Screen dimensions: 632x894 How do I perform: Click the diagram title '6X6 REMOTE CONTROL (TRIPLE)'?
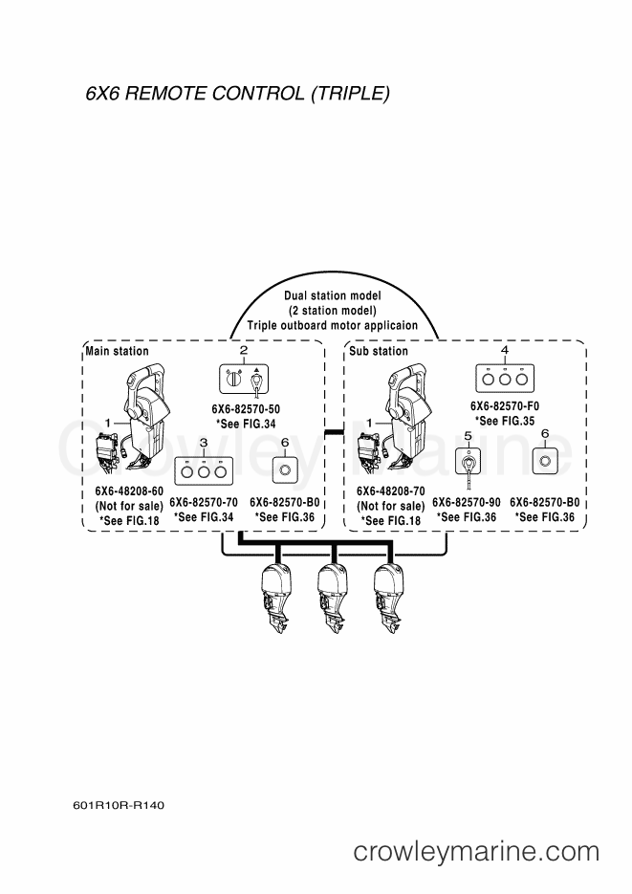click(238, 94)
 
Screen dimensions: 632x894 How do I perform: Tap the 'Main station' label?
click(117, 351)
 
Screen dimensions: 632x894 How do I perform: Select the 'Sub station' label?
click(379, 351)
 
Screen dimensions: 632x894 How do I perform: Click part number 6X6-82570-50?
click(246, 409)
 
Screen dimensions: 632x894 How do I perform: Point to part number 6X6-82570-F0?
click(504, 406)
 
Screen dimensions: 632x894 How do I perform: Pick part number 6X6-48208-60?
click(129, 491)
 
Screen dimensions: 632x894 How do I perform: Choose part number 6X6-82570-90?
click(467, 502)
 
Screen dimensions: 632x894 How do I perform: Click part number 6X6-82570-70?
click(204, 502)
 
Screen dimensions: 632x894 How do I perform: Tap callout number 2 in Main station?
click(244, 351)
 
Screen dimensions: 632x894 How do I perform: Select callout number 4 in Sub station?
click(504, 350)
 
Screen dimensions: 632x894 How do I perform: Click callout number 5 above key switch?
click(468, 437)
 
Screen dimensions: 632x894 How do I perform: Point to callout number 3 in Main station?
click(204, 443)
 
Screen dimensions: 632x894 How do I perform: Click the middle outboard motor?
click(333, 599)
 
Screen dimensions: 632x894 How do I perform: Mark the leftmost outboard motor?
click(276, 599)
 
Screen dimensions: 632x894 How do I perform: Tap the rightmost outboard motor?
click(389, 599)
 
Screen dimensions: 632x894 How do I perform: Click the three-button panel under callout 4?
click(504, 379)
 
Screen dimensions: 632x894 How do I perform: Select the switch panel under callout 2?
click(244, 379)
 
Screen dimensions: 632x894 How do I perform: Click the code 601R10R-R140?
click(119, 806)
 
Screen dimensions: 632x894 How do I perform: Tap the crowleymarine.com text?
click(476, 852)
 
